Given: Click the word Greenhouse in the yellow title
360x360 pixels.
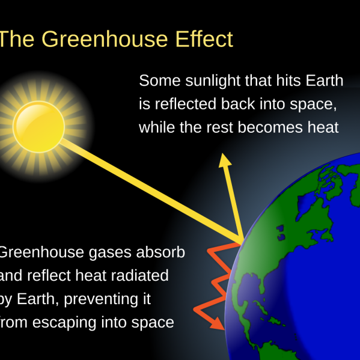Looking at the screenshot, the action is point(105,39).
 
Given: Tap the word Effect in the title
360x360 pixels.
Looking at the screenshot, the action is point(204,38).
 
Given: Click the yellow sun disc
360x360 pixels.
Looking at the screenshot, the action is point(39,127).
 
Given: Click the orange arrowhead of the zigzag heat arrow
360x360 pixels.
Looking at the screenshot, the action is point(218,324).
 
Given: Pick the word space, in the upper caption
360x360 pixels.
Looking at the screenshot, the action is point(313,105).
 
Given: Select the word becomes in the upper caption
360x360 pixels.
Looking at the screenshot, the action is point(270,127).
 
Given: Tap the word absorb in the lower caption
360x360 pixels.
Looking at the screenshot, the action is point(160,252).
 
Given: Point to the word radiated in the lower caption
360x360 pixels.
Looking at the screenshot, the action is point(140,275).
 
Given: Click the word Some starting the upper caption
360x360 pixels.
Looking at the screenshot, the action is point(160,81).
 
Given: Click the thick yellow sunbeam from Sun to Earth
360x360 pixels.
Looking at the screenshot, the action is point(151,191).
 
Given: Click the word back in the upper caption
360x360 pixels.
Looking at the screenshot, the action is point(238,104).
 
